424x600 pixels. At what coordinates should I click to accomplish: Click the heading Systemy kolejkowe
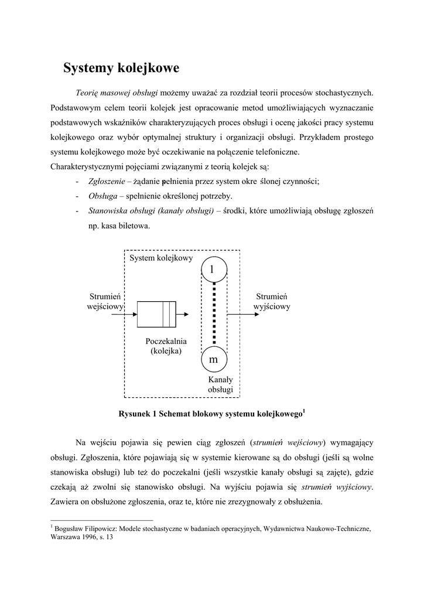[121, 68]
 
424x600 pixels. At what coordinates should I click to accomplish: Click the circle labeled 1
[214, 268]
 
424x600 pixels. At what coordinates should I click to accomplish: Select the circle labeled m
[214, 359]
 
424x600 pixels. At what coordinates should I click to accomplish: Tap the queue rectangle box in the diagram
[156, 314]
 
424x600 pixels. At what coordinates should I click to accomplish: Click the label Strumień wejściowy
[105, 301]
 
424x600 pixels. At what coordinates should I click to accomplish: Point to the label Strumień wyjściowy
[272, 301]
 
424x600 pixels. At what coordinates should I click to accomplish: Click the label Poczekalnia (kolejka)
[166, 346]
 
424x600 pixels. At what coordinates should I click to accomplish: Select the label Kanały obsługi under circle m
[220, 384]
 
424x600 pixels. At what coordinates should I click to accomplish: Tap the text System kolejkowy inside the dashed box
[161, 258]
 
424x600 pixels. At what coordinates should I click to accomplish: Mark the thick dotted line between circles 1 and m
[214, 313]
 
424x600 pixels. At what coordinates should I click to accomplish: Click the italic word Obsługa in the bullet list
[101, 196]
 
